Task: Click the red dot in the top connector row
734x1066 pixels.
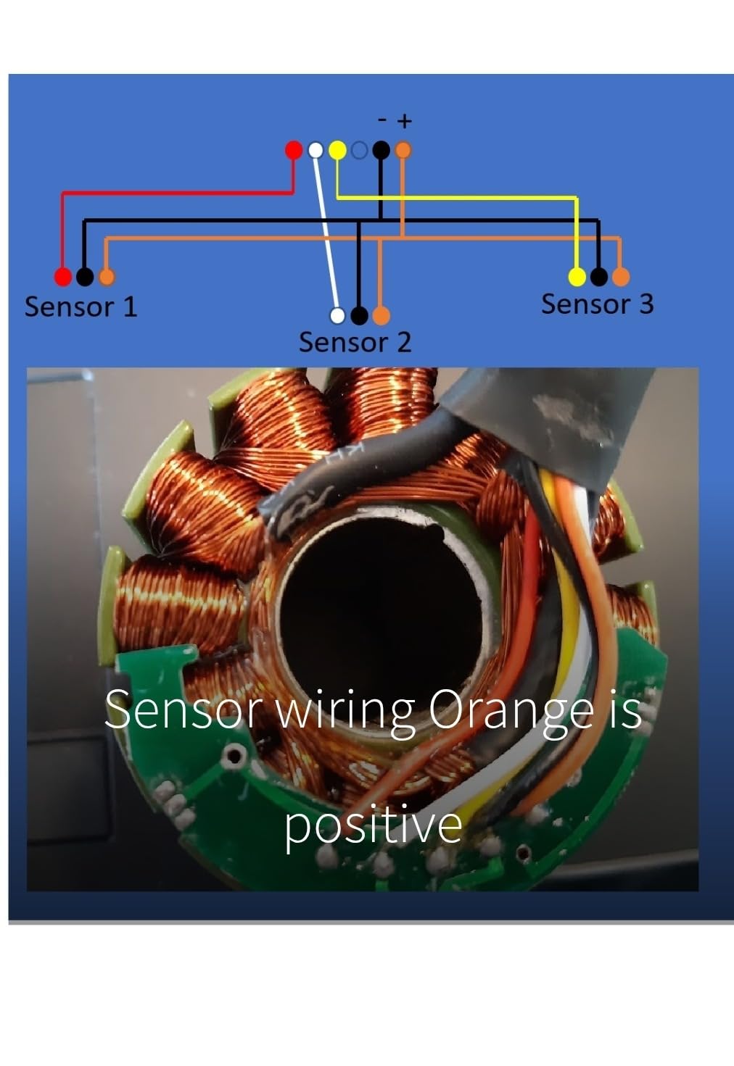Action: [x=294, y=150]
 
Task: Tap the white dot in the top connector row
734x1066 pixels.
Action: [x=316, y=150]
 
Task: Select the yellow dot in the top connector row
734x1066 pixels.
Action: [x=337, y=150]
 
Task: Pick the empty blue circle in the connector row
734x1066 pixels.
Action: [x=360, y=151]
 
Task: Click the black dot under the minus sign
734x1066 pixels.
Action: [x=381, y=150]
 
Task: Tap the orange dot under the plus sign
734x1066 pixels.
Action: [x=403, y=150]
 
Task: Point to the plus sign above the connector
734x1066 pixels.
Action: [x=405, y=121]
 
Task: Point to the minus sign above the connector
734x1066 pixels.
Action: [x=382, y=120]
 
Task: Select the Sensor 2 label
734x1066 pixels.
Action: [x=355, y=342]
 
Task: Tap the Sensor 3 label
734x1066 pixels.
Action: [x=598, y=304]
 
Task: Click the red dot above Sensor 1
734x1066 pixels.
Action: [x=63, y=277]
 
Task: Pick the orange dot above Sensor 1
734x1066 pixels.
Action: [x=107, y=277]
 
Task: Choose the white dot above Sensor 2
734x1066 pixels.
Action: [x=337, y=315]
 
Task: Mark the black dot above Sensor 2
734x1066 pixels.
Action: [x=359, y=315]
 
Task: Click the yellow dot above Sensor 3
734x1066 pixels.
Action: [x=577, y=277]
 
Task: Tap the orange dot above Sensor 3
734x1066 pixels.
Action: [x=621, y=277]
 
